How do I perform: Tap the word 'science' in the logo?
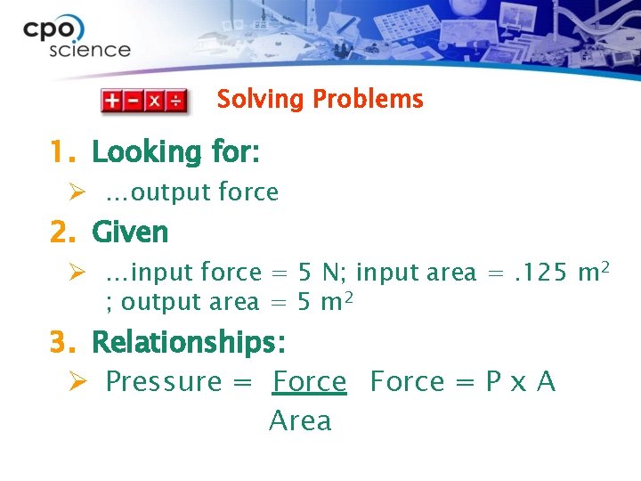point(90,50)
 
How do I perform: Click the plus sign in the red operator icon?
point(112,101)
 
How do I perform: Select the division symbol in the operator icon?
point(176,101)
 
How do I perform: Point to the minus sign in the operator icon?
point(134,101)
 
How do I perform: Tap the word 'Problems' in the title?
point(366,99)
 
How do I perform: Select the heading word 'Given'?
point(130,232)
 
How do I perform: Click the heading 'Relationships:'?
point(189,342)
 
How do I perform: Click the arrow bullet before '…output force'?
point(77,192)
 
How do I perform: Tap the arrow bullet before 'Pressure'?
point(77,381)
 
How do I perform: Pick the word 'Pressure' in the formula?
point(163,381)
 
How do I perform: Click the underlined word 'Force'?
point(309,381)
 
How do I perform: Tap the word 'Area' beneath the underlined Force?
point(300,420)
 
